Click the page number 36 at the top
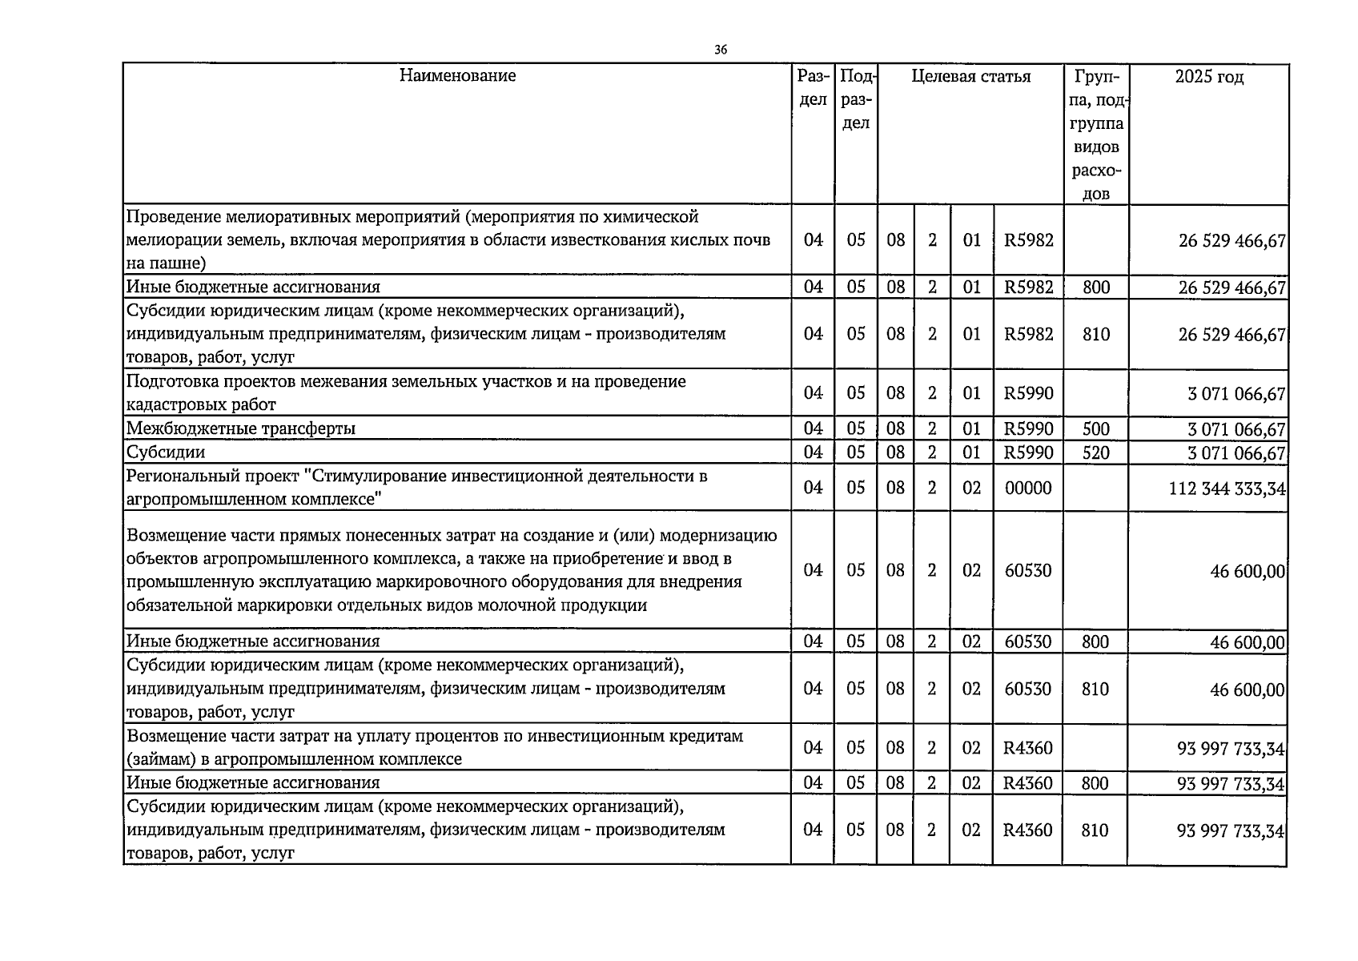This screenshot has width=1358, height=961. (x=721, y=50)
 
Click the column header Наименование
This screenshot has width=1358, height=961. (x=457, y=76)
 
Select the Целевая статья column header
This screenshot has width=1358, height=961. (x=970, y=77)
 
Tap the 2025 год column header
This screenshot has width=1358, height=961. (x=1209, y=77)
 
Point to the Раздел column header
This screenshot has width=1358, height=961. (x=813, y=88)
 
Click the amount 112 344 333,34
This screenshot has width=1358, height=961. (x=1227, y=488)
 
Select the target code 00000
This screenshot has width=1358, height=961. (x=1028, y=488)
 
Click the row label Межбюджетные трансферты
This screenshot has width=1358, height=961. (x=241, y=428)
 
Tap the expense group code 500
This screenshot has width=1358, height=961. (x=1095, y=428)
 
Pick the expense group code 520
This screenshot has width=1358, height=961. (x=1095, y=452)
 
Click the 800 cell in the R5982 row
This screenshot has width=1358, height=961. (x=1095, y=287)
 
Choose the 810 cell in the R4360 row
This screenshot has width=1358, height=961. (x=1095, y=830)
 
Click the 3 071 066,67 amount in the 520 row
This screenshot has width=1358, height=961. (x=1236, y=453)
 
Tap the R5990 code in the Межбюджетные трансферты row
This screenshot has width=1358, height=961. (x=1029, y=428)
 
